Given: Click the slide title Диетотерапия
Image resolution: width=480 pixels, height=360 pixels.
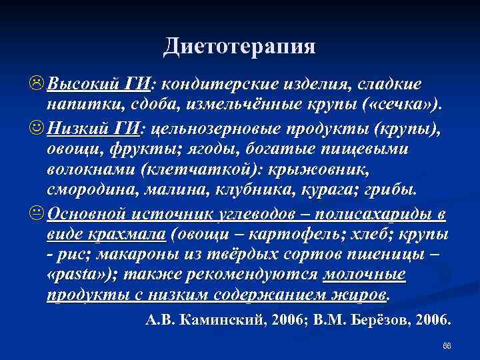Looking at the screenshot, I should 239,46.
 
